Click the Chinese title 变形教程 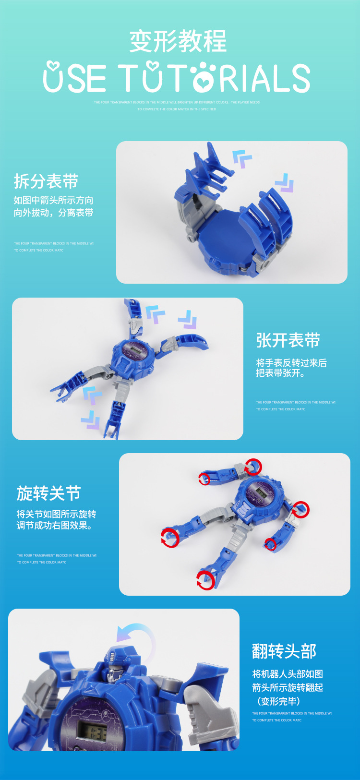(x=178, y=41)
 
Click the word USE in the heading (x=74, y=78)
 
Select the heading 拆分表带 (x=46, y=181)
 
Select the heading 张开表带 (x=288, y=340)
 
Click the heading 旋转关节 (x=48, y=493)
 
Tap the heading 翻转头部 (x=284, y=651)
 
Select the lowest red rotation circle (x=205, y=580)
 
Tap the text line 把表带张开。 (x=280, y=373)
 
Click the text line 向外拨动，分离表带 (x=53, y=213)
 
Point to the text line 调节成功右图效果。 (x=55, y=526)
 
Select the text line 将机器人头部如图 (x=288, y=674)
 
